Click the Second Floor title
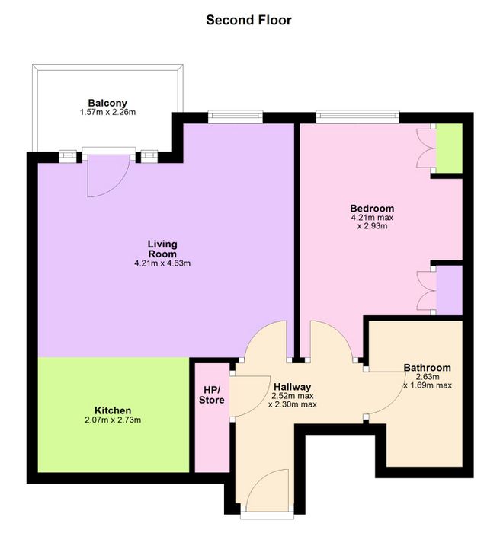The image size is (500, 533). [x=248, y=20]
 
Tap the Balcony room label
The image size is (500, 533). [x=107, y=103]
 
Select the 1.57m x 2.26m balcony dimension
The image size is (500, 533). [x=107, y=112]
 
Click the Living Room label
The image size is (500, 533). [x=162, y=249]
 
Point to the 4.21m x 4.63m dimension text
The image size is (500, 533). [x=162, y=263]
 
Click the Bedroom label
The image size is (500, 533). [x=372, y=208]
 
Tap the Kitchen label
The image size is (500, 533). [x=113, y=410]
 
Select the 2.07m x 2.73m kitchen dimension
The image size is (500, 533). [x=113, y=420]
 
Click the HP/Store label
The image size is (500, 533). [x=211, y=394]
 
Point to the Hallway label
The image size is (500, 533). [x=293, y=387]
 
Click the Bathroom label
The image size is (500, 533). [x=427, y=368]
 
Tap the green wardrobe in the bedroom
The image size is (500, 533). [x=449, y=148]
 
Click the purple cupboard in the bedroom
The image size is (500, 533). [x=449, y=290]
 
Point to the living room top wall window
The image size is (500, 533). [x=236, y=117]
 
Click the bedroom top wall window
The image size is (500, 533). [x=357, y=117]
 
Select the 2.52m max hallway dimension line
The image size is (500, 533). [x=293, y=396]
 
